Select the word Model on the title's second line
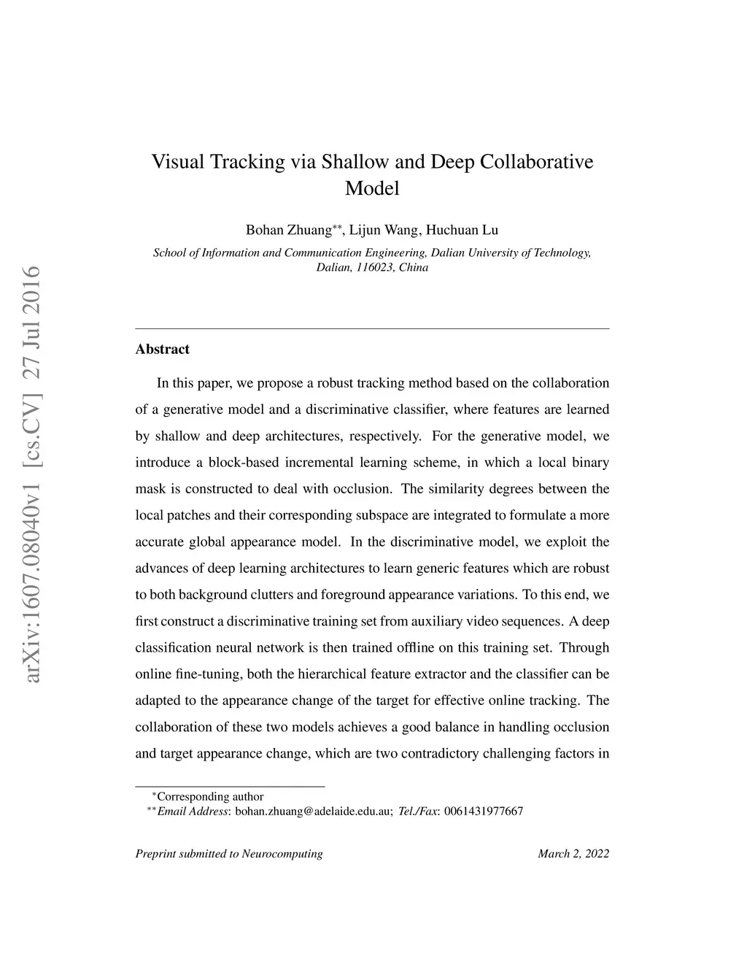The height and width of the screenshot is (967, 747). [x=372, y=188]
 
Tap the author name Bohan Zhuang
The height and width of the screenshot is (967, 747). [x=288, y=231]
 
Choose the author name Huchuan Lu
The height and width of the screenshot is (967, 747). [x=462, y=231]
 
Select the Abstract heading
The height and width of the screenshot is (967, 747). [x=162, y=350]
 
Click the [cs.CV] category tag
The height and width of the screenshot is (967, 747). [x=33, y=426]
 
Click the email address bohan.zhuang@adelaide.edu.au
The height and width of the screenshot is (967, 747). [x=314, y=811]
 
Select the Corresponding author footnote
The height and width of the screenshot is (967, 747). [x=210, y=797]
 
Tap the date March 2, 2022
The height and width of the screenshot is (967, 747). [x=573, y=854]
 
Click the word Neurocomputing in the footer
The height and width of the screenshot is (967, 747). [x=282, y=854]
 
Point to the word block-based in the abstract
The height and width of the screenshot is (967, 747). [x=243, y=463]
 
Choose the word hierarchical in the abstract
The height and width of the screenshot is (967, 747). [x=332, y=674]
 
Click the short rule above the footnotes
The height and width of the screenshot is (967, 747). [x=230, y=786]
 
